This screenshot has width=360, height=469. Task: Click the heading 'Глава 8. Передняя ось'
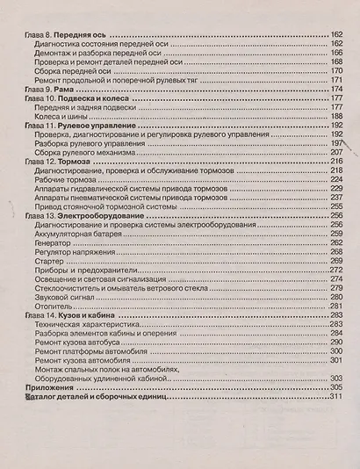[x=61, y=32]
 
